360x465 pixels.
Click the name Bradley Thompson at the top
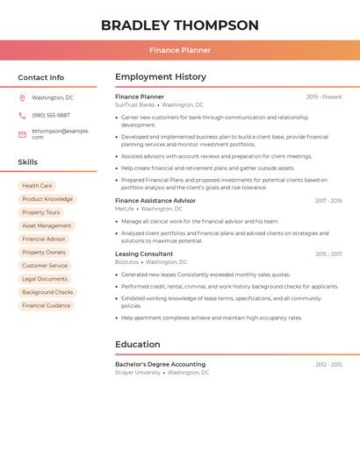tap(180, 25)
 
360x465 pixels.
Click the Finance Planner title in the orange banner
tap(180, 50)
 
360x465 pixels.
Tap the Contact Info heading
tap(41, 77)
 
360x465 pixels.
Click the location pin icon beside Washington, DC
tap(22, 98)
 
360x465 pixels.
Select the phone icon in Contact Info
tap(22, 115)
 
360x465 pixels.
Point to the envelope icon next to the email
tap(22, 134)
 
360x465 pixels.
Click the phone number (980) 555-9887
tap(51, 115)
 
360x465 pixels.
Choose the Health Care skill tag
tap(37, 186)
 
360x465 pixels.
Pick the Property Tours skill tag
tap(41, 212)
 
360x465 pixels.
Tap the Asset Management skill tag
tap(47, 225)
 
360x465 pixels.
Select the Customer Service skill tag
tap(45, 266)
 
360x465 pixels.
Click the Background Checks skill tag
tap(47, 292)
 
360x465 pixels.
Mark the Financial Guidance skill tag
tap(47, 305)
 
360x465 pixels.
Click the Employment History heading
tap(161, 77)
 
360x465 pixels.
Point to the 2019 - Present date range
tap(324, 97)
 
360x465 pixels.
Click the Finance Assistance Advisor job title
tap(155, 201)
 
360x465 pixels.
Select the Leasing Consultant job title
tap(144, 254)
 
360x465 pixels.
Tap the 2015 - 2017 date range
tap(328, 254)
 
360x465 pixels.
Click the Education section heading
tap(138, 344)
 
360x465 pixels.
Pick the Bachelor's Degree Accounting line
tap(161, 364)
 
